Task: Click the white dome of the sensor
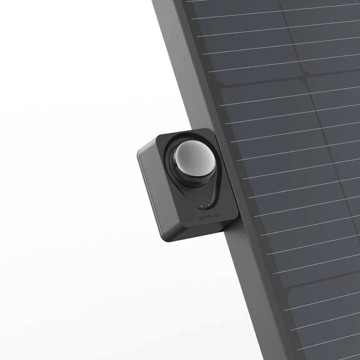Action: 195,158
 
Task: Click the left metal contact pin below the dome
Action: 201,207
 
